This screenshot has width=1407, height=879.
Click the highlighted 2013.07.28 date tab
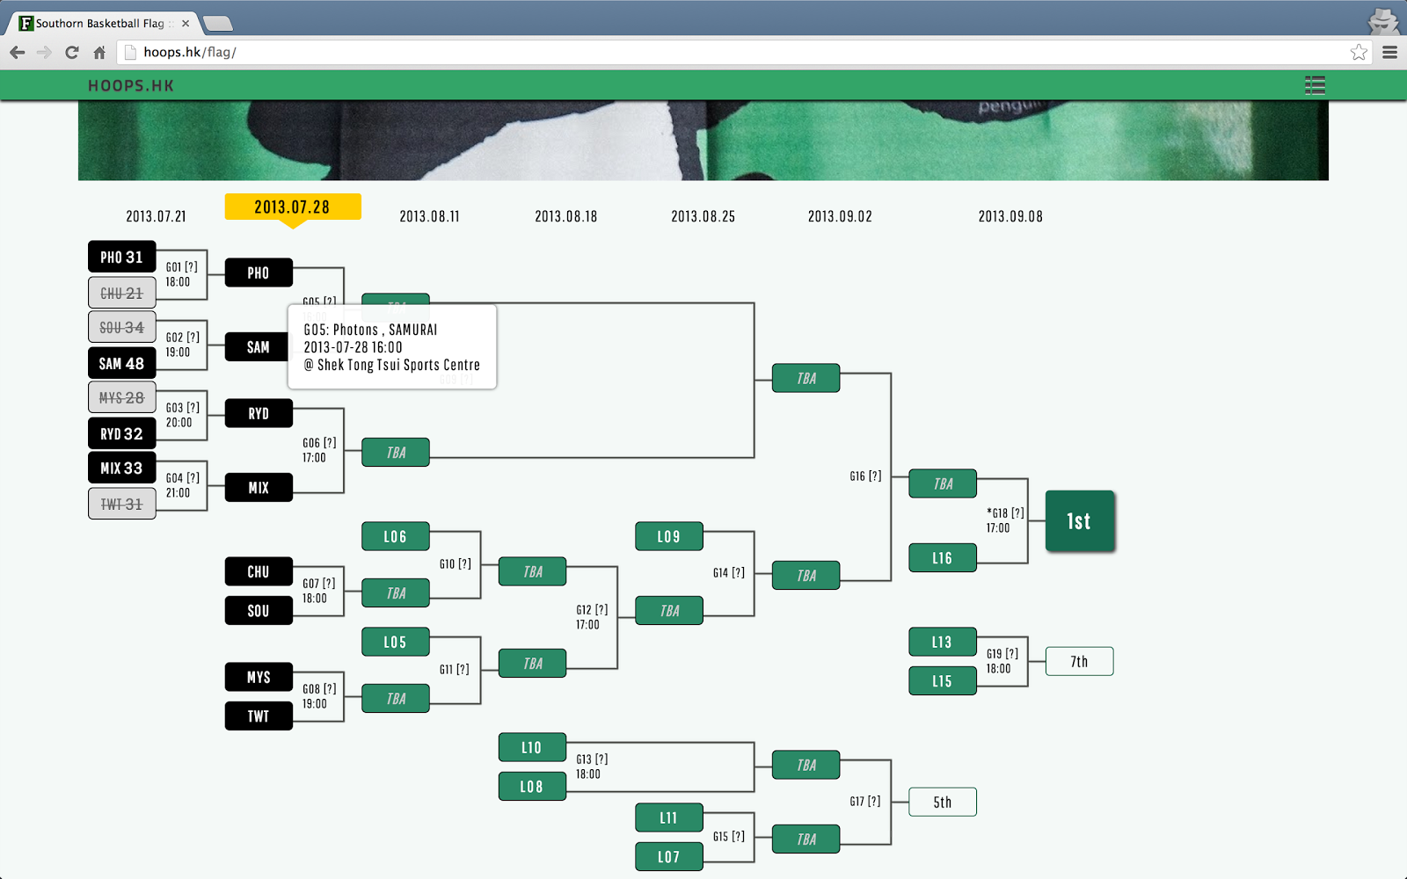tap(293, 207)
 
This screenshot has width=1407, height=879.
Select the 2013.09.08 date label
tap(1010, 216)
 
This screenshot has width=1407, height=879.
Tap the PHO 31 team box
tap(122, 257)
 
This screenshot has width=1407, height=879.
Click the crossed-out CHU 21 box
tap(122, 293)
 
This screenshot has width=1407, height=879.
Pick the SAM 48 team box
tap(122, 363)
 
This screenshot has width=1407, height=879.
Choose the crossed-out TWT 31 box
tap(122, 504)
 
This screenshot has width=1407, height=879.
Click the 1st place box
tap(1080, 521)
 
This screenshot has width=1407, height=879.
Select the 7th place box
tap(1079, 661)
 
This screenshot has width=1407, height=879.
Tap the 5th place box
tap(942, 802)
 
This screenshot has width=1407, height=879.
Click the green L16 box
tap(942, 557)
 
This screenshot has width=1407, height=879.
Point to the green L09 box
tap(668, 536)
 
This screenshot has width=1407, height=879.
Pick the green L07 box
tap(668, 856)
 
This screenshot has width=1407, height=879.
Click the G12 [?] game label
tap(592, 609)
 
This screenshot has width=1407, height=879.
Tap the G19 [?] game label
tap(1002, 653)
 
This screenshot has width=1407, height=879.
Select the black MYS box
tap(259, 677)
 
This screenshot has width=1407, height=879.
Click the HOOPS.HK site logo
tap(131, 85)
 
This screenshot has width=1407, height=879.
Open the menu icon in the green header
tap(1315, 85)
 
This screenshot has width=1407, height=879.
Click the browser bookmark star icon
tap(1359, 52)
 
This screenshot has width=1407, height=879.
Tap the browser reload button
tap(72, 52)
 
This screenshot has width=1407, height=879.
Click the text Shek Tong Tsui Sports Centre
tap(398, 365)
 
